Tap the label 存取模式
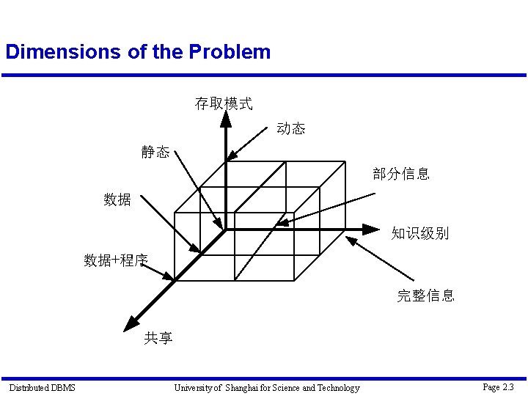224,104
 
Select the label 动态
291,129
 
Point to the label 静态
155,153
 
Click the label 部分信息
401,175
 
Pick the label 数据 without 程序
117,199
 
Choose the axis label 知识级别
419,234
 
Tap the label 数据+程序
116,260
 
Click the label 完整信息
425,296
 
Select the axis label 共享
158,338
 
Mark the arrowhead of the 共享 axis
131,323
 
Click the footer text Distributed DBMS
42,387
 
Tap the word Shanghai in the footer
247,387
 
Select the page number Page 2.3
498,386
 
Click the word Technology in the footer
337,387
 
